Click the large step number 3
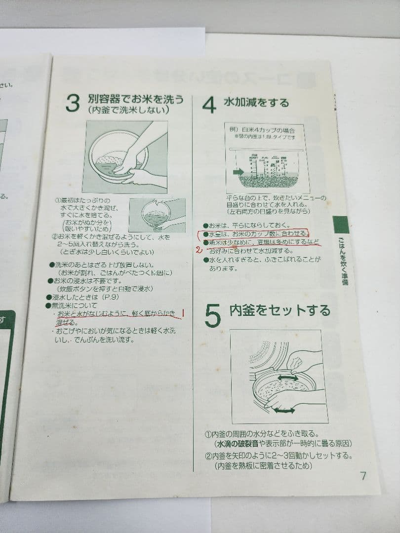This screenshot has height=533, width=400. (72, 105)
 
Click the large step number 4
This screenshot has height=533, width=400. (209, 105)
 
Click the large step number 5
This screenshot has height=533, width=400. (212, 316)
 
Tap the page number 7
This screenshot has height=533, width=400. (363, 476)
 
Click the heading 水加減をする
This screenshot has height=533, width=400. (256, 103)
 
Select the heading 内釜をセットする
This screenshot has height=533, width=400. (280, 311)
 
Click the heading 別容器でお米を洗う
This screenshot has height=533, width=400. (136, 99)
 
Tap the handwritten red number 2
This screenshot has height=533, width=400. (199, 249)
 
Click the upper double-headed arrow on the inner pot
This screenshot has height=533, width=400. (287, 378)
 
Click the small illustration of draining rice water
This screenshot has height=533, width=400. (157, 215)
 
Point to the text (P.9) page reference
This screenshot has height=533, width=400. (111, 297)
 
